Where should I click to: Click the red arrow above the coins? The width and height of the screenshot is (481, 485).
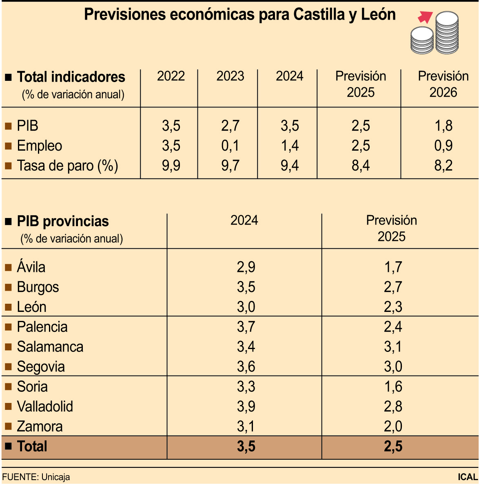pyautogui.click(x=425, y=17)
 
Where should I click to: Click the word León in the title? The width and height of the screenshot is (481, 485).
pyautogui.click(x=378, y=15)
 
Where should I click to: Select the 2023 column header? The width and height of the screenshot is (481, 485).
pyautogui.click(x=230, y=76)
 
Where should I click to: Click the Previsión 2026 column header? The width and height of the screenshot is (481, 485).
pyautogui.click(x=443, y=84)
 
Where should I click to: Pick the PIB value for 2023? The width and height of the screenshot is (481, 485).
pyautogui.click(x=230, y=126)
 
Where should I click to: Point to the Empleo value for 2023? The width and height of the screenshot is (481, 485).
pyautogui.click(x=230, y=146)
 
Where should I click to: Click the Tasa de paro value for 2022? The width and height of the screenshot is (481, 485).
pyautogui.click(x=171, y=166)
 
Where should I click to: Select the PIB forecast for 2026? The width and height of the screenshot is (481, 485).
pyautogui.click(x=443, y=126)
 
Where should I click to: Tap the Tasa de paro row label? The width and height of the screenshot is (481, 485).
pyautogui.click(x=67, y=166)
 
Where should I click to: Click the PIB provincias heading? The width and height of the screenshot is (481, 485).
pyautogui.click(x=63, y=221)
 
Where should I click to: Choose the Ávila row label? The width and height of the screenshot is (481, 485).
pyautogui.click(x=31, y=267)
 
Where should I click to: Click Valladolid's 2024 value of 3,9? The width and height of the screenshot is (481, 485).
pyautogui.click(x=246, y=407)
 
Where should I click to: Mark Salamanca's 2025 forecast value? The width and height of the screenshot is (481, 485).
pyautogui.click(x=393, y=347)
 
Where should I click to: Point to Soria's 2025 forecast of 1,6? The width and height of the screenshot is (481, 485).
pyautogui.click(x=393, y=387)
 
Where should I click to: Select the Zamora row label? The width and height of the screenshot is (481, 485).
pyautogui.click(x=40, y=427)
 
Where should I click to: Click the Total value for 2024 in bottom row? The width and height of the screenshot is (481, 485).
pyautogui.click(x=246, y=447)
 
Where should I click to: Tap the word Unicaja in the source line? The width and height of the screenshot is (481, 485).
pyautogui.click(x=55, y=477)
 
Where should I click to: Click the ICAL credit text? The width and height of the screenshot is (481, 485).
pyautogui.click(x=468, y=477)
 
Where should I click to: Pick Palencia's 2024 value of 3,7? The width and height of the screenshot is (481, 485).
pyautogui.click(x=246, y=327)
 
